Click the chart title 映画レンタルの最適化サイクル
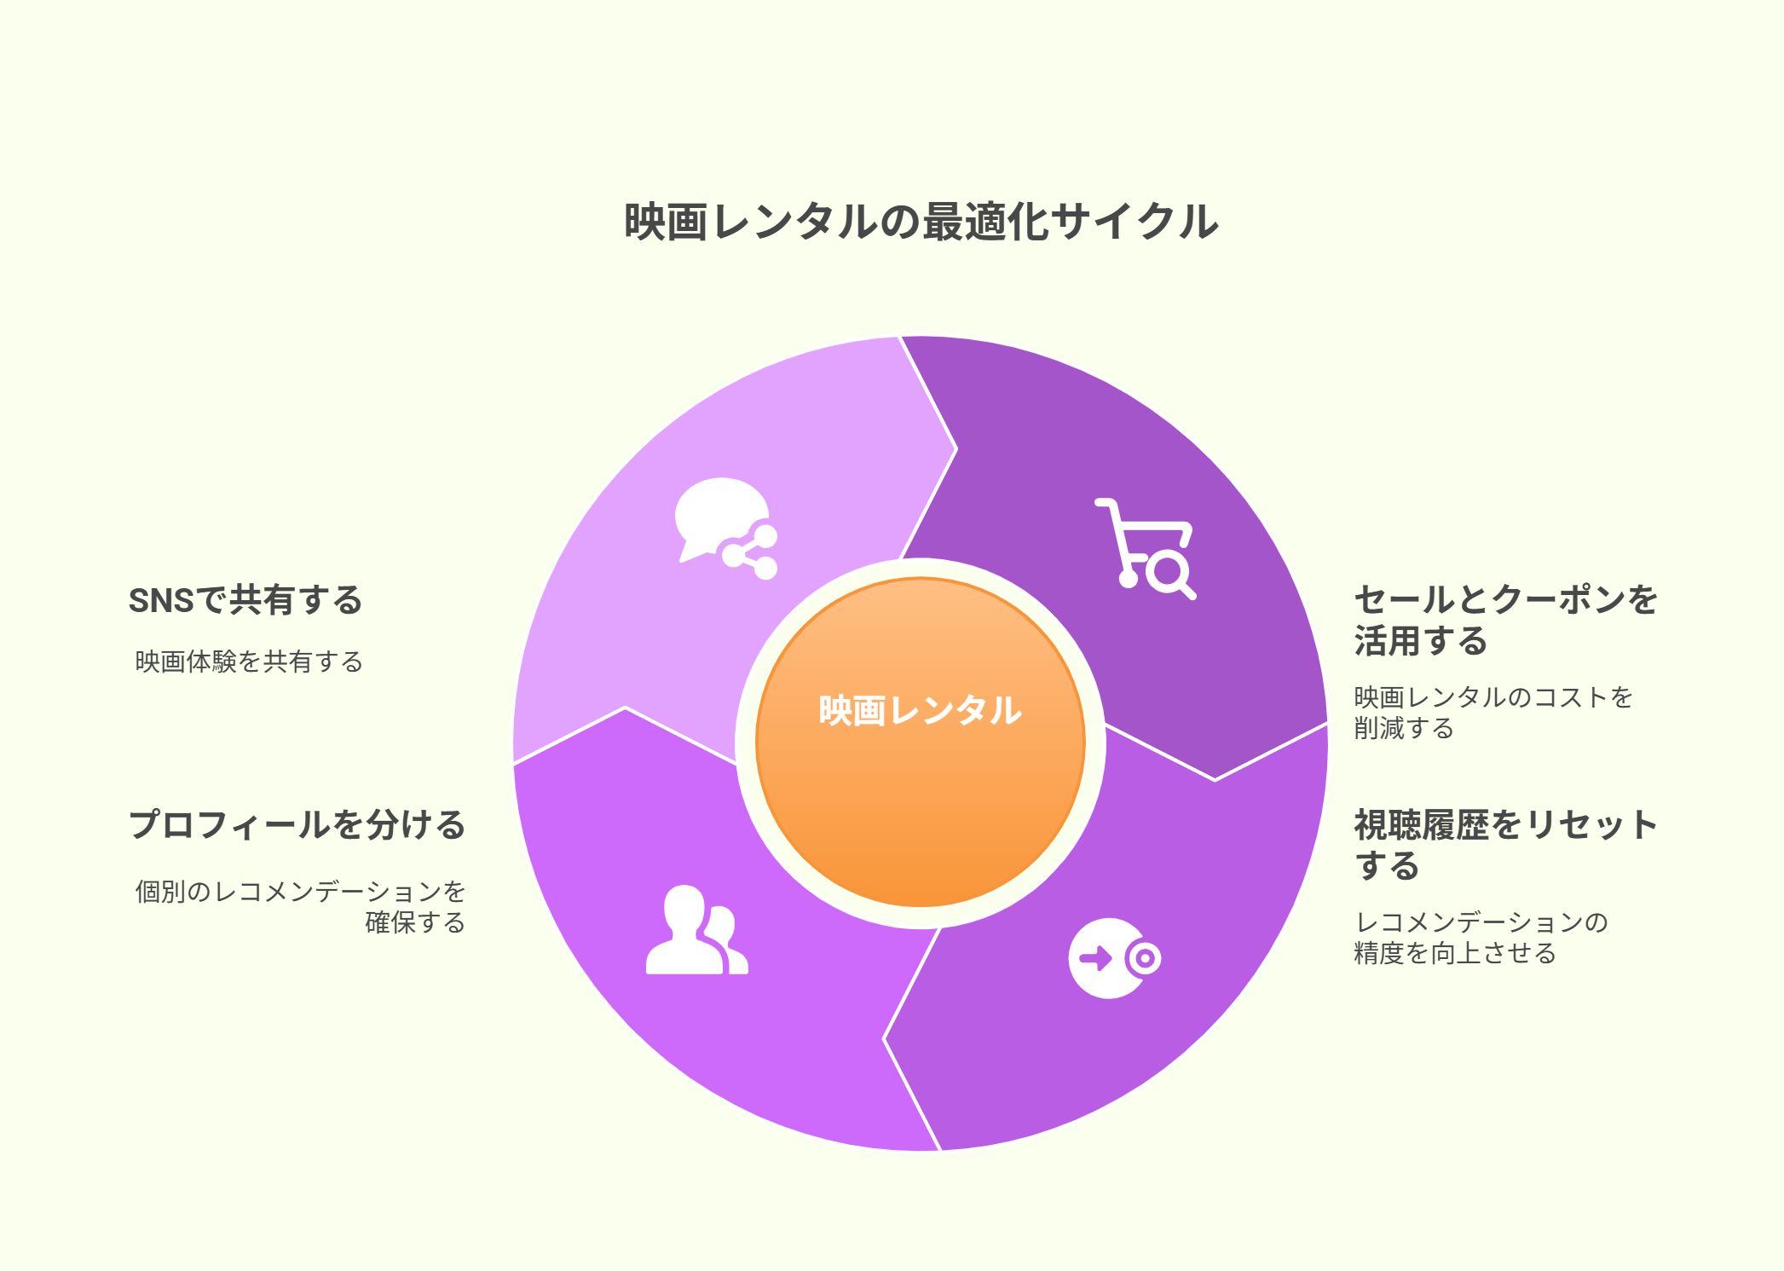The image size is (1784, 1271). [x=921, y=222]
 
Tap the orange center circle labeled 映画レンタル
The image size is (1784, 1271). [x=921, y=742]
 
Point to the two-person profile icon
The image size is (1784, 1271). [x=696, y=930]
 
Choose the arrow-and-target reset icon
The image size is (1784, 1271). [x=1115, y=958]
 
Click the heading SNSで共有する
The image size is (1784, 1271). [x=245, y=600]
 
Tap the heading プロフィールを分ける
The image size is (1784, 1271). [x=297, y=825]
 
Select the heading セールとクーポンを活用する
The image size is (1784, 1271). [x=1506, y=620]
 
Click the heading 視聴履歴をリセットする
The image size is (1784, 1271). [x=1506, y=845]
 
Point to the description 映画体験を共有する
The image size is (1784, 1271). [x=249, y=661]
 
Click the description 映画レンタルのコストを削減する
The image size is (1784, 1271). [x=1493, y=713]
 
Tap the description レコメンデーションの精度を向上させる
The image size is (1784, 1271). [x=1481, y=938]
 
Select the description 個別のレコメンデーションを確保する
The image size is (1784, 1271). [x=300, y=907]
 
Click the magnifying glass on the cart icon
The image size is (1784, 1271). [x=1170, y=575]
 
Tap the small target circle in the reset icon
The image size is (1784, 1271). [x=1144, y=958]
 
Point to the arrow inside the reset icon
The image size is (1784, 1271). [x=1096, y=958]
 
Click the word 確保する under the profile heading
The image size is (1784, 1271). [x=415, y=922]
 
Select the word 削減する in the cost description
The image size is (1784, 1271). [x=1404, y=728]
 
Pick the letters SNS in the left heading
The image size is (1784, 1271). [x=161, y=601]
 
